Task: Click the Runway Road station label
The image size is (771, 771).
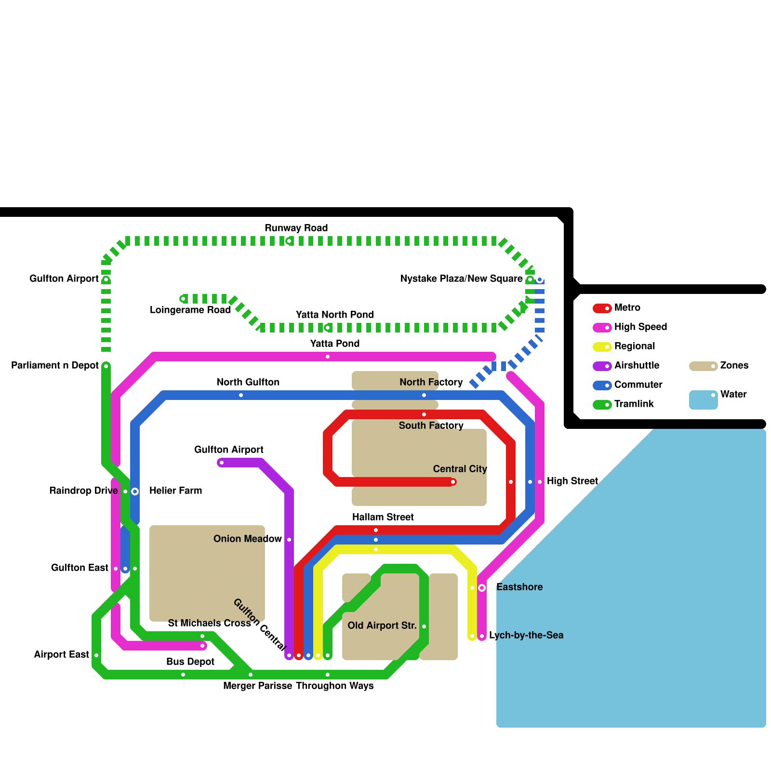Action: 296,228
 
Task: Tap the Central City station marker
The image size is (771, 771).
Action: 453,482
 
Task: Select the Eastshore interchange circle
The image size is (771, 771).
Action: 482,587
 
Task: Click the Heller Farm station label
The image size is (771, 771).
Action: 175,491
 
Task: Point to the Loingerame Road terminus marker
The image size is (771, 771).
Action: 183,299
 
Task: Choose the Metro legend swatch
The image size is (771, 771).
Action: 602,308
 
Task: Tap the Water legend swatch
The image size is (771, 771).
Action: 703,399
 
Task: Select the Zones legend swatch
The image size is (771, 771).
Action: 703,366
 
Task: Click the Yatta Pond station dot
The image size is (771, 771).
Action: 328,357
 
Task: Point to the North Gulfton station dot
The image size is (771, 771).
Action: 241,395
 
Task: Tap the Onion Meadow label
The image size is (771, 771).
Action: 247,539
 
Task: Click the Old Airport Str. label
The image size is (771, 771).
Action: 382,625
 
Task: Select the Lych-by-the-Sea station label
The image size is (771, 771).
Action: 526,635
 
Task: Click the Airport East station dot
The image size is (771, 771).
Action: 96,655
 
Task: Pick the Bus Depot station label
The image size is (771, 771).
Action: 190,662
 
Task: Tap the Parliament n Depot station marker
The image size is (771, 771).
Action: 106,366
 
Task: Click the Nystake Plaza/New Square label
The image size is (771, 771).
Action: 461,279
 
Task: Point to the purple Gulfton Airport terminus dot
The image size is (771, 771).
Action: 221,463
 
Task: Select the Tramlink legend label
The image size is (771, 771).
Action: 634,404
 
